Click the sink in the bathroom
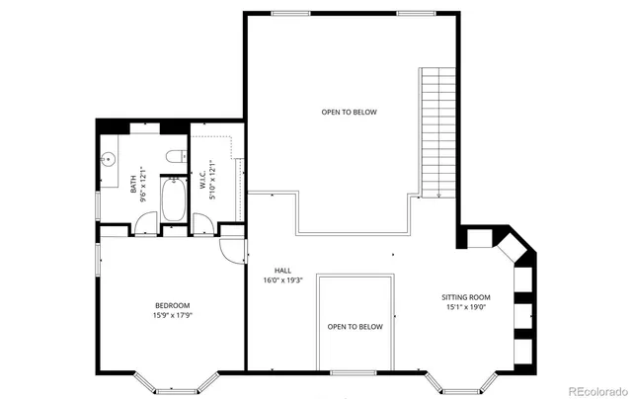[x=108, y=159]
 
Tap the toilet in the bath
[x=174, y=156]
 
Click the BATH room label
[x=133, y=184]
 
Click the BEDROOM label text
[x=172, y=305]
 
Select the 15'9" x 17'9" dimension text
[x=172, y=316]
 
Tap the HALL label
[x=282, y=269]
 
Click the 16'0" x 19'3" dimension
[x=282, y=279]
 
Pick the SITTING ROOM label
[x=465, y=296]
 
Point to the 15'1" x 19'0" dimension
[x=465, y=307]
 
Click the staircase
[x=436, y=132]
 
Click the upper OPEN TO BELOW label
[x=349, y=112]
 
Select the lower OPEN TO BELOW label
[x=355, y=327]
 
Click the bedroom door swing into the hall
[x=231, y=251]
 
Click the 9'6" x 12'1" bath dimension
[x=144, y=184]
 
